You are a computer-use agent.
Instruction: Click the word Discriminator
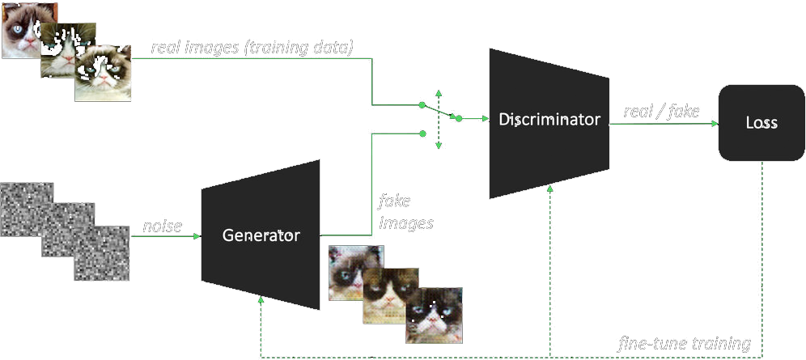549,120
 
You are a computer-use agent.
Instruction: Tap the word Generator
261,236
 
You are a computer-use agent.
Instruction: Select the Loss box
761,123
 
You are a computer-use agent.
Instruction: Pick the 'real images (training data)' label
252,48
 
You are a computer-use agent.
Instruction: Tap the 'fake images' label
405,211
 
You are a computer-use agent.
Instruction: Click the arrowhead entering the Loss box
715,124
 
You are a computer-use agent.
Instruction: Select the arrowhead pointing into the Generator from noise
196,237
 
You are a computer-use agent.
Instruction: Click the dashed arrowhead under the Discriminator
550,189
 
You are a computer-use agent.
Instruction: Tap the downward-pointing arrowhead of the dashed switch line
438,146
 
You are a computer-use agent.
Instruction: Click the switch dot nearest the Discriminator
458,119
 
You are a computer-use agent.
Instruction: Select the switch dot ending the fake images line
422,135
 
